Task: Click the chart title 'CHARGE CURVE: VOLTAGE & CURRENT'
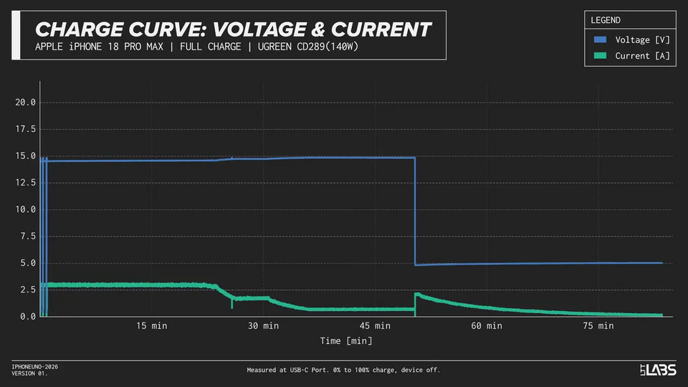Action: pyautogui.click(x=233, y=29)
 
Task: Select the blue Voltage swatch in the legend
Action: pyautogui.click(x=600, y=39)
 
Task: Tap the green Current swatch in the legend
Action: pyautogui.click(x=600, y=56)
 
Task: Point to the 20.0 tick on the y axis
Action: pyautogui.click(x=26, y=102)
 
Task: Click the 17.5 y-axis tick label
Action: pyautogui.click(x=26, y=129)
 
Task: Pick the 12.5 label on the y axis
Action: pyautogui.click(x=26, y=183)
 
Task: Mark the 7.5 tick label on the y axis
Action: pyautogui.click(x=28, y=236)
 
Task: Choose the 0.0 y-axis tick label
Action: pyautogui.click(x=28, y=316)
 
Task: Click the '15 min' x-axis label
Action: pyautogui.click(x=151, y=326)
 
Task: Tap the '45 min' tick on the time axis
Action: pyautogui.click(x=375, y=326)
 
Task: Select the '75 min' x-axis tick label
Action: pyautogui.click(x=598, y=326)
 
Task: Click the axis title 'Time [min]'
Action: pyautogui.click(x=346, y=341)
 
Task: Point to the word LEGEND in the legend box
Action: pyautogui.click(x=606, y=20)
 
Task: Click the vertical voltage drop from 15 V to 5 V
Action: pyautogui.click(x=415, y=211)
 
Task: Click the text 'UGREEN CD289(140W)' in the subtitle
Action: pyautogui.click(x=308, y=47)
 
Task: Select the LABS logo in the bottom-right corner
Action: pyautogui.click(x=658, y=370)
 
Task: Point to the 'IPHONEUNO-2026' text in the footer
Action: pyautogui.click(x=34, y=367)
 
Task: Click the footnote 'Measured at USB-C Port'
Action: pyautogui.click(x=287, y=370)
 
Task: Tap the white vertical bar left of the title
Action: pyautogui.click(x=16, y=35)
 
